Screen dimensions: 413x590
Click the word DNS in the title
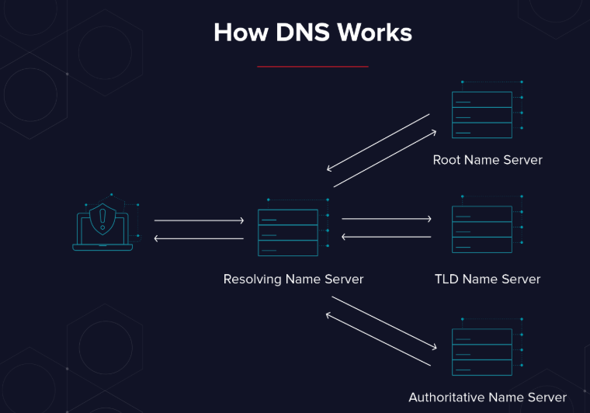pos(292,33)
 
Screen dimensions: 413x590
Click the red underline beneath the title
pos(312,67)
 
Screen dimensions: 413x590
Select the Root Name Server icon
pos(482,115)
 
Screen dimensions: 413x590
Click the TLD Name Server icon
pos(482,229)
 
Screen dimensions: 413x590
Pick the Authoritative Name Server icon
pos(482,352)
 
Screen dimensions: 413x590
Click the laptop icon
pos(102,227)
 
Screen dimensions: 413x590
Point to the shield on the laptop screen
pos(102,220)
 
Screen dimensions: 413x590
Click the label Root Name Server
pos(488,160)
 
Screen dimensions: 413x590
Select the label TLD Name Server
pos(488,279)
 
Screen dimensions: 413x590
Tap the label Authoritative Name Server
pos(488,397)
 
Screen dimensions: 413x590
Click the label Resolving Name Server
pos(293,279)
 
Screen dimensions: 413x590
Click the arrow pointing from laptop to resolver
pos(199,221)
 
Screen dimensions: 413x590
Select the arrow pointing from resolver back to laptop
pos(199,238)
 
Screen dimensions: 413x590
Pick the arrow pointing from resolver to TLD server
pos(386,220)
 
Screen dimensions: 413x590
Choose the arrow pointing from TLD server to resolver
pos(386,237)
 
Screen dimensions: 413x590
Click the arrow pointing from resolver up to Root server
pos(385,159)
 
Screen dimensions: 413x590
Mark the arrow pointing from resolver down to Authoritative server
pos(382,323)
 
